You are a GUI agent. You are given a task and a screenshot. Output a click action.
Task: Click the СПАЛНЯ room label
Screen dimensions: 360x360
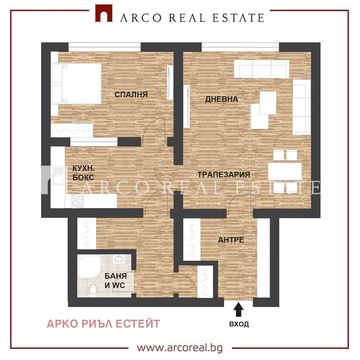(131, 94)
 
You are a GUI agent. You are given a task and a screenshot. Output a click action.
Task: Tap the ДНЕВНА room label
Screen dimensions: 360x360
(222, 99)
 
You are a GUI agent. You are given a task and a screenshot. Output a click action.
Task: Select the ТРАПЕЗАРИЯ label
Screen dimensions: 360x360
(224, 175)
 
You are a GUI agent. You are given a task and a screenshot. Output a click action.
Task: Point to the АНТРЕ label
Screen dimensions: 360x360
(231, 240)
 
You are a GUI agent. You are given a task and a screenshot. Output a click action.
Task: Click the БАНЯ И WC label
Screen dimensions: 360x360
(115, 281)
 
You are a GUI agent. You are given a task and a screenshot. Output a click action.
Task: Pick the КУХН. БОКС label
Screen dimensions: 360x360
(83, 173)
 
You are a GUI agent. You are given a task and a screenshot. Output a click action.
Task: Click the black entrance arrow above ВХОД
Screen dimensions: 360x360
(238, 310)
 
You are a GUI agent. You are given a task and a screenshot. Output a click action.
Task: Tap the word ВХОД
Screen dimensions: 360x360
(239, 324)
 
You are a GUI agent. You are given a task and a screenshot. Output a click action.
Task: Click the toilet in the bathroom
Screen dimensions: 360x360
(93, 291)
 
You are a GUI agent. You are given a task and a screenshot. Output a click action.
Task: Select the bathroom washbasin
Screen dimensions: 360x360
(118, 259)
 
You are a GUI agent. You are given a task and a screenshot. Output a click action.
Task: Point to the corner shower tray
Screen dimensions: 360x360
(89, 266)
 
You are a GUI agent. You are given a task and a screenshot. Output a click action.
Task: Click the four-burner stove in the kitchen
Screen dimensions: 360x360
(78, 201)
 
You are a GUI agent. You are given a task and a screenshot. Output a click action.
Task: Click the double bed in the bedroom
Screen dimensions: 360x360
(77, 84)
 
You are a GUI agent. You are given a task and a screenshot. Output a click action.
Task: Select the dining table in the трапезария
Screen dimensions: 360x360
(285, 171)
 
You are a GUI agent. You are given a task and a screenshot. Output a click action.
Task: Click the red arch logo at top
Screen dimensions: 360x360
(104, 13)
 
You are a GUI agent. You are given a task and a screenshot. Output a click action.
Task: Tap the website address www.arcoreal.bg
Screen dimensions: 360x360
(180, 348)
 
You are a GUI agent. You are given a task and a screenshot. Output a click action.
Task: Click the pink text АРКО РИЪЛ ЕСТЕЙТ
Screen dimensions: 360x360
(103, 324)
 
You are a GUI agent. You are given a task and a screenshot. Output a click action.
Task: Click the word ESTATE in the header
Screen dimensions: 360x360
(238, 18)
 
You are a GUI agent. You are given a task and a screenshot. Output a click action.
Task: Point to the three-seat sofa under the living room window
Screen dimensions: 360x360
(262, 69)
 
